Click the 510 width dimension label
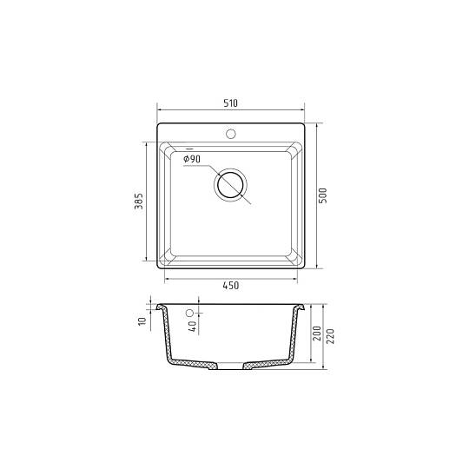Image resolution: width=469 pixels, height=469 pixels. [230, 103]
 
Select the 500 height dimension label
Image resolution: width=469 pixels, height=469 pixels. [322, 196]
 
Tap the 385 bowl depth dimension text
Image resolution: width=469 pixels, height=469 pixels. [138, 201]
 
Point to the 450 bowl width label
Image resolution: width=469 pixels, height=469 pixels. [231, 286]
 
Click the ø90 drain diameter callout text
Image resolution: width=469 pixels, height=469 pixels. [192, 159]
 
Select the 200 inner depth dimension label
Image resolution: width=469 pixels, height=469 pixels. [316, 334]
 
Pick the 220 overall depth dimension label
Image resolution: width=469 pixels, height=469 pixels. [330, 336]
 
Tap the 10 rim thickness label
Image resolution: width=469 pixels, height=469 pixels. [142, 321]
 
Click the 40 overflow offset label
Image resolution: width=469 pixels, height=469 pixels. [193, 326]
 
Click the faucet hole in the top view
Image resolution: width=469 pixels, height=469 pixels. [231, 134]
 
